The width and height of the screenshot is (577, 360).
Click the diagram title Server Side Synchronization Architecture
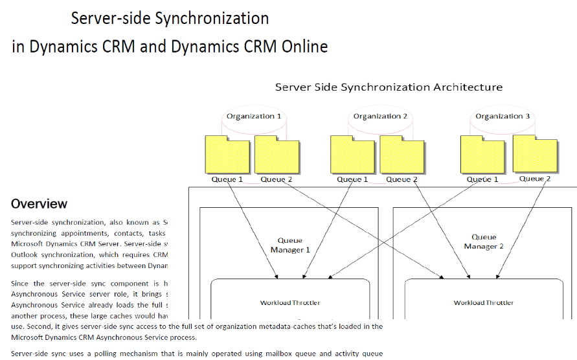coord(389,87)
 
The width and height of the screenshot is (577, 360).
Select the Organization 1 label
coord(253,117)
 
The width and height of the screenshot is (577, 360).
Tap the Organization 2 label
coord(380,117)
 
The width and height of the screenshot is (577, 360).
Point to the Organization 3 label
coord(503,117)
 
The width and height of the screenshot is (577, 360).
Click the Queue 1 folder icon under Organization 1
coord(227,155)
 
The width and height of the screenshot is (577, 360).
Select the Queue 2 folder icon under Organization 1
coord(277,155)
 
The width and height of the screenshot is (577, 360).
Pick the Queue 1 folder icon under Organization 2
coord(353,155)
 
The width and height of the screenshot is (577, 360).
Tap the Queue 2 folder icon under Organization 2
coord(402,155)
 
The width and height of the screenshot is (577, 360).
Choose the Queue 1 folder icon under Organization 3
coord(483,155)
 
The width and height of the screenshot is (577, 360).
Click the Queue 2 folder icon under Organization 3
coord(535,153)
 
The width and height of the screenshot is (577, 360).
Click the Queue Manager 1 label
coord(289,245)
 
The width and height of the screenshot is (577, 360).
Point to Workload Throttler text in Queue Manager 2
coord(483,302)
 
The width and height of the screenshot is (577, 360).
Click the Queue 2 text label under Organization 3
coord(535,179)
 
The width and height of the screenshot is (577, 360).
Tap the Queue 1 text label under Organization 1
coord(227,179)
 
